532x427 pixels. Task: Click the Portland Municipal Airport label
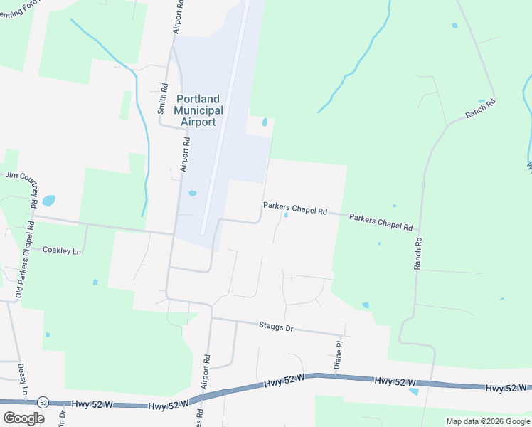click(198, 110)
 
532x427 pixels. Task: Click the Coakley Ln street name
click(63, 250)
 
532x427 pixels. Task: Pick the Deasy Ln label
click(23, 379)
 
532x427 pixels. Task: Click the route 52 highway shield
click(43, 402)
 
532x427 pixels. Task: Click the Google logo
click(23, 418)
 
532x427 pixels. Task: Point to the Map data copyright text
click(487, 421)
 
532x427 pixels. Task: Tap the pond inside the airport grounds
click(193, 193)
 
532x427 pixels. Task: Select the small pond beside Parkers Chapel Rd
click(286, 215)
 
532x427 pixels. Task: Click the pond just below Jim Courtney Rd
click(48, 201)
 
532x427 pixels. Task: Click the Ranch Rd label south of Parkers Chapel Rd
click(417, 253)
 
